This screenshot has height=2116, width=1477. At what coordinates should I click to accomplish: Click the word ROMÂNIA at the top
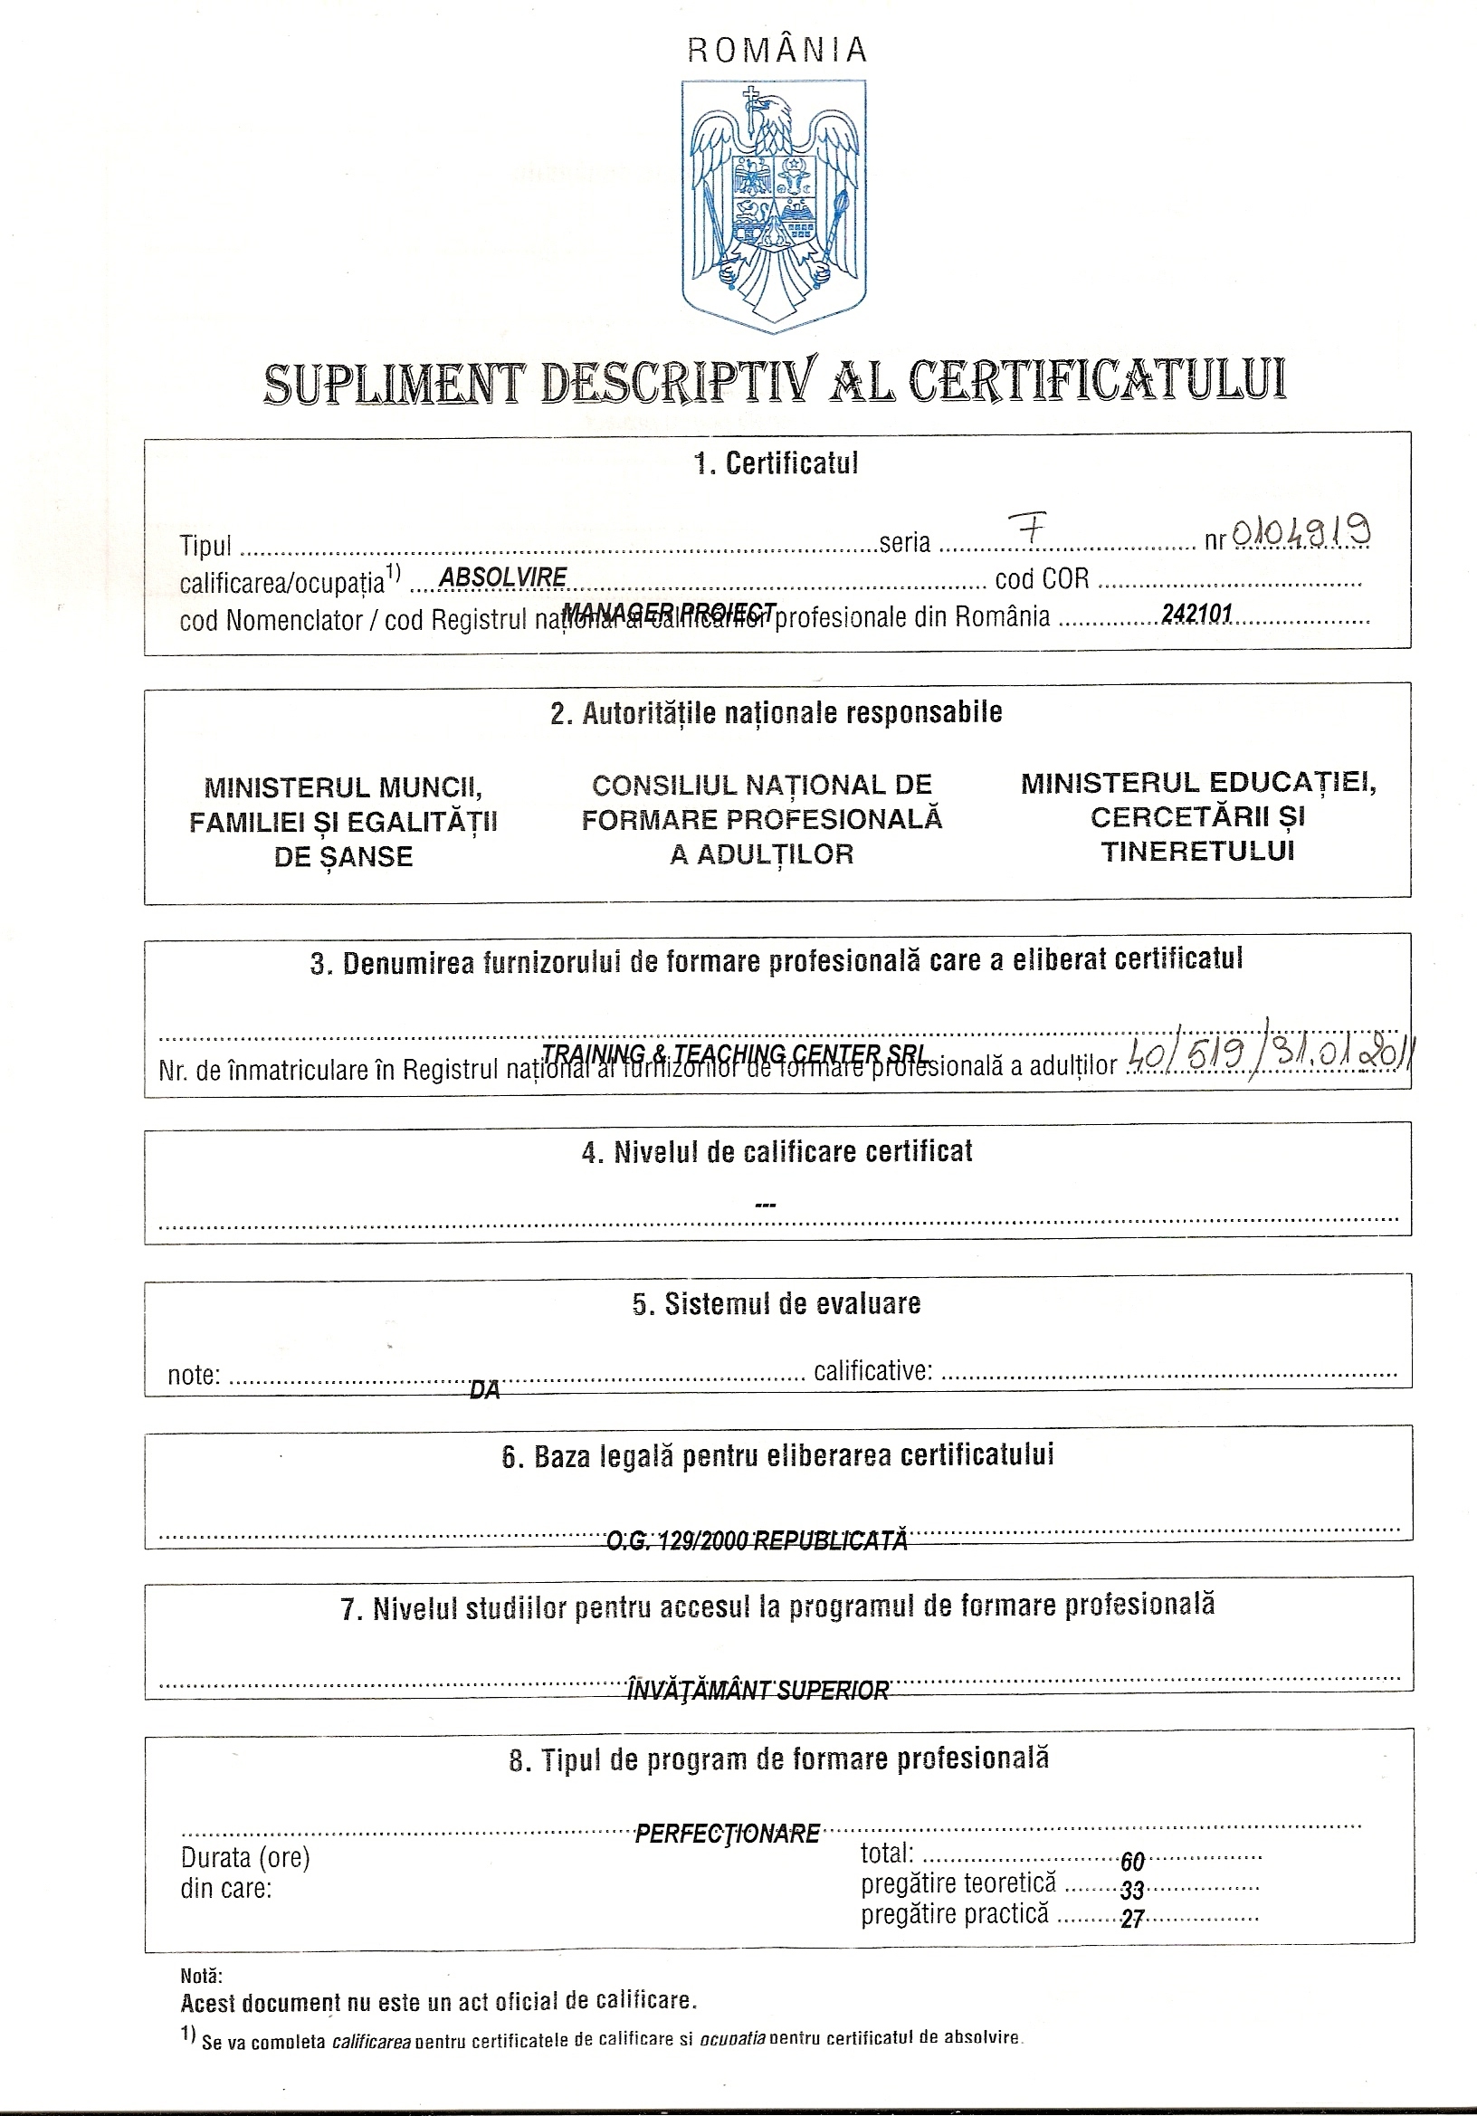click(777, 50)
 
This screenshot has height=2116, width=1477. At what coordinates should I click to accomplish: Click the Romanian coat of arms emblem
click(774, 205)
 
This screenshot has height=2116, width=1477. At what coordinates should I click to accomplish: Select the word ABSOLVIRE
click(503, 577)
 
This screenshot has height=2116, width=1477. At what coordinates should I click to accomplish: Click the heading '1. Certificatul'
click(776, 462)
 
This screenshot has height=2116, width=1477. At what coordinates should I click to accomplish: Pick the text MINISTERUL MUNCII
click(344, 787)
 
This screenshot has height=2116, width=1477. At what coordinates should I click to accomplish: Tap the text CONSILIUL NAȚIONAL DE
click(762, 785)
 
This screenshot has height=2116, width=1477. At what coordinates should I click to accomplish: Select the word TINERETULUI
click(1198, 851)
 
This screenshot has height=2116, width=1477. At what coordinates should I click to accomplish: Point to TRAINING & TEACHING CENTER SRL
click(734, 1053)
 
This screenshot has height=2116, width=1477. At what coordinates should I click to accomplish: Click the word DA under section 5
click(485, 1391)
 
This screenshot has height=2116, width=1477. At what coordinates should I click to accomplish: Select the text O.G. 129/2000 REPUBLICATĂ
click(757, 1540)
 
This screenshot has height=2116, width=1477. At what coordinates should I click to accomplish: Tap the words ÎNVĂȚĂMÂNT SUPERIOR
click(758, 1691)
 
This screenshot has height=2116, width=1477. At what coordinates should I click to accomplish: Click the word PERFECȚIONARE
click(727, 1833)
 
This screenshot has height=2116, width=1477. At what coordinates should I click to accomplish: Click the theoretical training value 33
click(1132, 1891)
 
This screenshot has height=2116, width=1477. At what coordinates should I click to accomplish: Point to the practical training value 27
click(1132, 1920)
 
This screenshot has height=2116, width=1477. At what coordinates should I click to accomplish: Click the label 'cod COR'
click(1041, 578)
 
